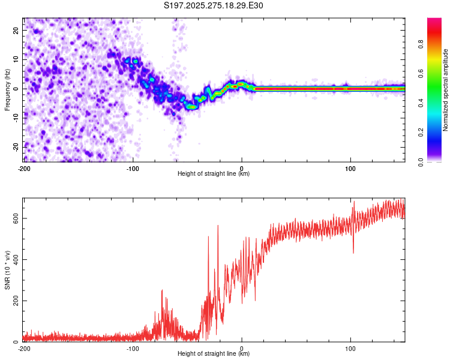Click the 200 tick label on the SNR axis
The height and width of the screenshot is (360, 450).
[13, 301]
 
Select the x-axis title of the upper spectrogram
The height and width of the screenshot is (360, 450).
[214, 173]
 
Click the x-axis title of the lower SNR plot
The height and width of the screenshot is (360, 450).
[214, 353]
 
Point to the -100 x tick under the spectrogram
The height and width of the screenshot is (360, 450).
[133, 167]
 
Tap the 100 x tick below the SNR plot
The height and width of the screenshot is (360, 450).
[350, 348]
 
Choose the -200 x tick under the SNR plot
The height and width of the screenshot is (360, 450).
[24, 348]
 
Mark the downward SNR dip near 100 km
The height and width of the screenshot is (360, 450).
[353, 251]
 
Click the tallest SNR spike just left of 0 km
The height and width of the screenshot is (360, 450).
[218, 226]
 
